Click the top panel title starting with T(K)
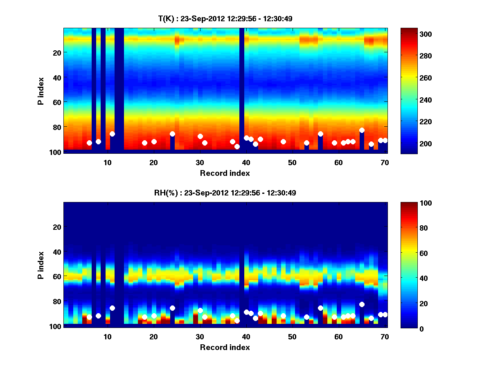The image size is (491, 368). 225,18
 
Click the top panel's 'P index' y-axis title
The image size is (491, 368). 41,90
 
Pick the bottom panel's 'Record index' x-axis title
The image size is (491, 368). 225,347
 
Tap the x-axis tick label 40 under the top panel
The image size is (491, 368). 246,162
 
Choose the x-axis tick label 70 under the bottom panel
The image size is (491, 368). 385,337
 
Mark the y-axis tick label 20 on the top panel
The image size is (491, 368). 57,53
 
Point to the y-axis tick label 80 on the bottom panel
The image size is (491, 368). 57,302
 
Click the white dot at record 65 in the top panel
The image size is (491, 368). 362,130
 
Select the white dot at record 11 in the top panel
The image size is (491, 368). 112,134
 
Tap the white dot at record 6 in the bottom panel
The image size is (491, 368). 89,317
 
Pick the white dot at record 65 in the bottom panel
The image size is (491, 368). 362,304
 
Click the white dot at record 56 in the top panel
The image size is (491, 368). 320,134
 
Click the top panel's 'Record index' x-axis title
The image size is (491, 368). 225,173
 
